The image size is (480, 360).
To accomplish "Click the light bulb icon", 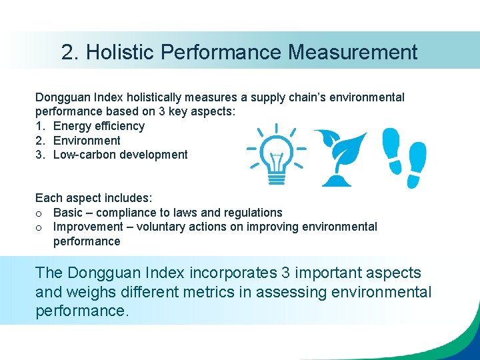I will [276, 155].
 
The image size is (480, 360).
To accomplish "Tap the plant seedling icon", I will [340, 158].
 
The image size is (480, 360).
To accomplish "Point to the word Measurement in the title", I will [354, 52].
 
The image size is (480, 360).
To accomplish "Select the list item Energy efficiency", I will [99, 126].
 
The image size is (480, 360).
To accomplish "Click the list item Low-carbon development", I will [120, 155].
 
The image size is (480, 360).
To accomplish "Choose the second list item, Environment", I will [87, 141].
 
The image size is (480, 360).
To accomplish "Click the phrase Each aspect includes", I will [94, 198].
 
